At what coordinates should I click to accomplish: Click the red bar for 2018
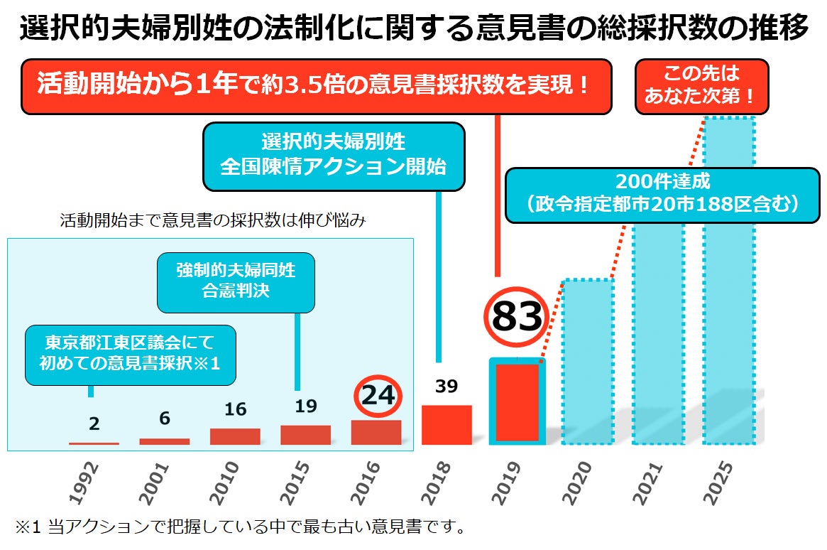[447, 425]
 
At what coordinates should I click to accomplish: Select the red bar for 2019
[517, 402]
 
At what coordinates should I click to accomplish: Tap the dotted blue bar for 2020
[587, 362]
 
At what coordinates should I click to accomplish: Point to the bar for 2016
[376, 432]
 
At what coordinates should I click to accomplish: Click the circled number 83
[517, 317]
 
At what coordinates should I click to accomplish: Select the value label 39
[447, 387]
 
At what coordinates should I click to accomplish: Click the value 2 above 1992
[94, 424]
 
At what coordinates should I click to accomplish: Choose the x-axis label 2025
[720, 483]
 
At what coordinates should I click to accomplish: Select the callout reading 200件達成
[663, 195]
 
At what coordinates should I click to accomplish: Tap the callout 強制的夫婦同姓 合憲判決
[236, 281]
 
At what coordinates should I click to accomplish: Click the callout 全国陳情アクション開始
[334, 156]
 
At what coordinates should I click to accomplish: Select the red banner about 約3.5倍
[315, 86]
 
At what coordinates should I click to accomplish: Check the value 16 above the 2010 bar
[235, 409]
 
